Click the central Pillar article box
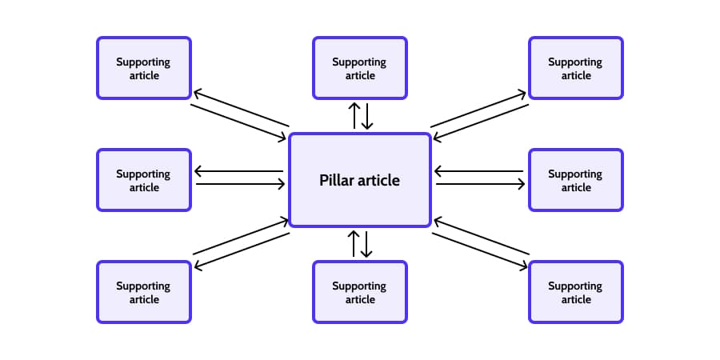click(359, 180)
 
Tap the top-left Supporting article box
click(144, 68)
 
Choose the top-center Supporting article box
click(359, 68)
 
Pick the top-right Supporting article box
click(575, 68)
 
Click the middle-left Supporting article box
click(144, 180)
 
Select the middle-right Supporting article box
click(575, 180)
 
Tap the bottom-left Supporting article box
click(144, 292)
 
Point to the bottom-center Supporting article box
click(359, 292)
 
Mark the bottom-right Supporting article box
click(575, 292)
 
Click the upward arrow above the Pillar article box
click(354, 115)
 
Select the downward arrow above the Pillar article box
click(367, 115)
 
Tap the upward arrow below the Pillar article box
click(354, 243)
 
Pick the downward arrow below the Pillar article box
click(367, 243)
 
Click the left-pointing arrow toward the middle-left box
click(239, 171)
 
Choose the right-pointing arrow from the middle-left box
click(240, 184)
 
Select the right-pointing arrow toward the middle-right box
click(480, 184)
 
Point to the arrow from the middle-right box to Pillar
click(480, 171)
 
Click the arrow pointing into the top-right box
click(478, 109)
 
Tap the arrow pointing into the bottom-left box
click(242, 250)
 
